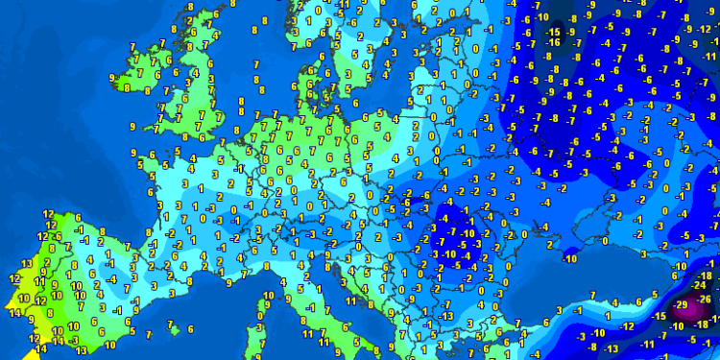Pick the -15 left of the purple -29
(660, 317)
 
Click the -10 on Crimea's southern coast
(569, 259)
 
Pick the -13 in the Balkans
(447, 316)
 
